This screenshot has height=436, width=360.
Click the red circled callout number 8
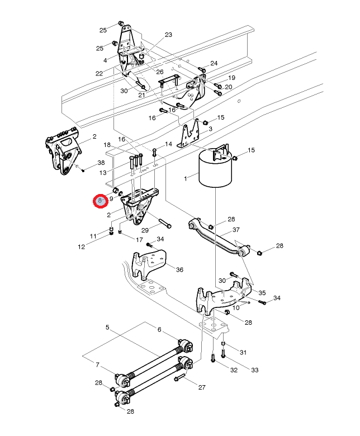click(x=101, y=201)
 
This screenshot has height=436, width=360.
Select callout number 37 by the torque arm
click(x=236, y=230)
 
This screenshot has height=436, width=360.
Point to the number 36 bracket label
click(x=179, y=270)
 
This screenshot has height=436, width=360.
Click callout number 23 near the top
click(x=169, y=35)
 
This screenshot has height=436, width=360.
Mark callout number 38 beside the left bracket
click(x=101, y=162)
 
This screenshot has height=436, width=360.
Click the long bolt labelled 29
click(x=162, y=225)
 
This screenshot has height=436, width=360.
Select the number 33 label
click(x=254, y=370)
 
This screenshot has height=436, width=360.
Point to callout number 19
click(x=231, y=78)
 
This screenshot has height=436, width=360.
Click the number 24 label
click(x=214, y=63)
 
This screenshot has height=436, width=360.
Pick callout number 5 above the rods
click(x=107, y=327)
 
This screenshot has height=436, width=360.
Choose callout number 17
click(x=139, y=239)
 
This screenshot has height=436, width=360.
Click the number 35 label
click(x=262, y=292)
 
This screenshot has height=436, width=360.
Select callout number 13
click(x=103, y=173)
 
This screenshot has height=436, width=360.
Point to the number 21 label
click(x=141, y=95)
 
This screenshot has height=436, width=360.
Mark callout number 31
click(x=243, y=352)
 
